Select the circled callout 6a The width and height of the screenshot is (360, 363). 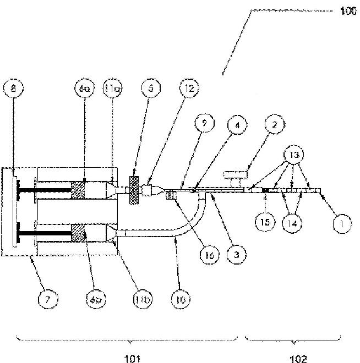click(84, 88)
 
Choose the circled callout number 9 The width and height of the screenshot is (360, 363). click(205, 125)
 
